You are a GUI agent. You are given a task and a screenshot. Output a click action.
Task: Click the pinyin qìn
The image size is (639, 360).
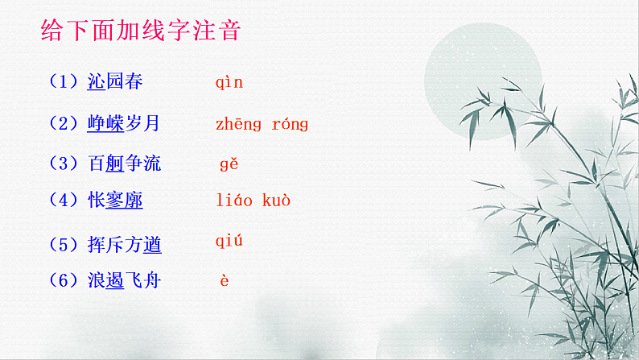(229, 82)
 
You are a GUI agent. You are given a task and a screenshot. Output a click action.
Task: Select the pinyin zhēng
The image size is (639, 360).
(238, 124)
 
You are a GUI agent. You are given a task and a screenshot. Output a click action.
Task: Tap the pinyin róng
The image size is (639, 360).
(290, 124)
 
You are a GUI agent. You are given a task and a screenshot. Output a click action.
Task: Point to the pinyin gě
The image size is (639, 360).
(229, 163)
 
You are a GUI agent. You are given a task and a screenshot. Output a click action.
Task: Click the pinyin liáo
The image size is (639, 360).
(234, 200)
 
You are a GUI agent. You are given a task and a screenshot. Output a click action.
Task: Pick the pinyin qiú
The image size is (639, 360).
(229, 241)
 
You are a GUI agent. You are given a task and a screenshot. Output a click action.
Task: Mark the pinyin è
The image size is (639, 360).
(225, 280)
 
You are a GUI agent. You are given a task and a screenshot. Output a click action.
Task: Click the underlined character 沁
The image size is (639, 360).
(96, 82)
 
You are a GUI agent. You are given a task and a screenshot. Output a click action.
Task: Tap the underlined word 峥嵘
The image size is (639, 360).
(105, 124)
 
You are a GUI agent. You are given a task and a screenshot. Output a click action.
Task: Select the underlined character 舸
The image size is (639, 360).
(115, 163)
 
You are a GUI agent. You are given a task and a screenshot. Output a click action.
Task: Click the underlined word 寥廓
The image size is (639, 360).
(124, 201)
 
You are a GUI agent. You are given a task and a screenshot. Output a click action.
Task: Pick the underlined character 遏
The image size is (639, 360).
(115, 281)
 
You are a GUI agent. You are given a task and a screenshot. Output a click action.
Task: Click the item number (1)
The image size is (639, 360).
(64, 82)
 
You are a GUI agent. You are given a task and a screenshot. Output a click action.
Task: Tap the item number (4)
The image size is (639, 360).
(64, 201)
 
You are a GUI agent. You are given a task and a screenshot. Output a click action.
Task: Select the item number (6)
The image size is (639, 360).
(64, 281)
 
